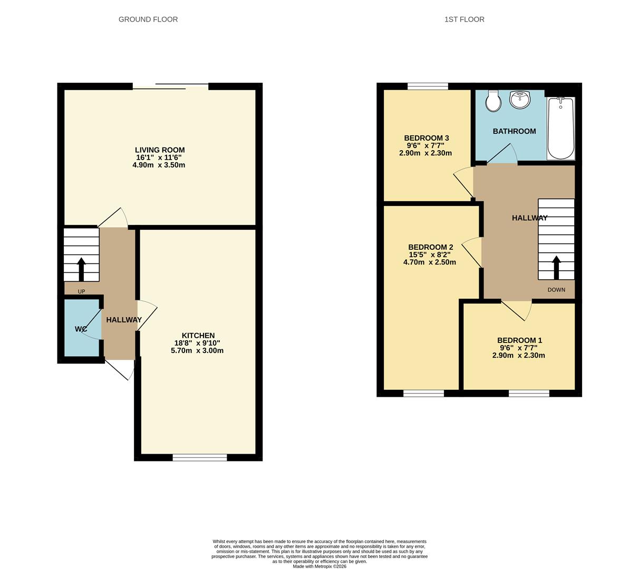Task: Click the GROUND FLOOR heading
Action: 148,19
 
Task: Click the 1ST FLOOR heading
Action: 464,19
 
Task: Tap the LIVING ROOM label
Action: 160,150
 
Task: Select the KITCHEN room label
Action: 198,336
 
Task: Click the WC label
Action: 81,329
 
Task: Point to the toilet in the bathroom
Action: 493,101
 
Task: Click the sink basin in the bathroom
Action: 520,100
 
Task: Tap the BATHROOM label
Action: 514,131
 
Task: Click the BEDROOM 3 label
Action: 427,139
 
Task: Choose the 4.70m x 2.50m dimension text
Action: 430,262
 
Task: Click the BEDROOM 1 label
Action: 519,340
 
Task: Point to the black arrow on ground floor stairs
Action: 81,269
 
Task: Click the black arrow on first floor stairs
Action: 556,267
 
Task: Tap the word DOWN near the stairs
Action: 556,290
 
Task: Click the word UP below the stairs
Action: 81,291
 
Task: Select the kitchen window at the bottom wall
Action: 200,457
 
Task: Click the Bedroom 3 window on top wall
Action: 428,86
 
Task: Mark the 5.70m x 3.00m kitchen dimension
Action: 197,350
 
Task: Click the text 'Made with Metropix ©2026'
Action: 319,566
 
